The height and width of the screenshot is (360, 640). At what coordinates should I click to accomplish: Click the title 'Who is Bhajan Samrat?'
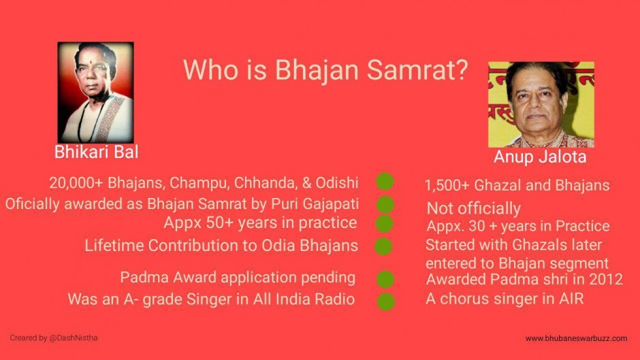pos(325,69)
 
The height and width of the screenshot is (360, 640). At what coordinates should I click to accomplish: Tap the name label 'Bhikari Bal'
pos(96,152)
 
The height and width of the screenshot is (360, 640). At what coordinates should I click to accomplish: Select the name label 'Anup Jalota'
pos(540,157)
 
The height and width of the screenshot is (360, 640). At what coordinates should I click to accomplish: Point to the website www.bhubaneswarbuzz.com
pos(576,338)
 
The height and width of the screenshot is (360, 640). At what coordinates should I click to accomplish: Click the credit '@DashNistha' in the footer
pos(74,338)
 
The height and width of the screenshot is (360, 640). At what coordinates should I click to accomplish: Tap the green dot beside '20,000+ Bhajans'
pos(385,181)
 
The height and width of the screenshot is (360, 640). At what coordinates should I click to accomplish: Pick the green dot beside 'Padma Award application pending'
pos(385,279)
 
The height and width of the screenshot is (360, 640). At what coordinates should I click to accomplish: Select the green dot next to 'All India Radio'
pos(385,301)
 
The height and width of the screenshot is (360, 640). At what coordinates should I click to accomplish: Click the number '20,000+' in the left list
pos(76,183)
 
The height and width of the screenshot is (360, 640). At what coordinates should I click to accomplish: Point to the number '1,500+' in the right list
pos(447,186)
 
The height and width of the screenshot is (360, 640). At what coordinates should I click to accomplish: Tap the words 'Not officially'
pos(473,208)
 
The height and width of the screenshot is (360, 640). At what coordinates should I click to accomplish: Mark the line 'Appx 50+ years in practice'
pos(260,223)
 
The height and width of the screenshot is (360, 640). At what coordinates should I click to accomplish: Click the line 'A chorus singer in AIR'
pos(505,299)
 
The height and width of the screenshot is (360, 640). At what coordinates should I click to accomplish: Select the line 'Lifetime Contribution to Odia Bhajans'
pos(221,246)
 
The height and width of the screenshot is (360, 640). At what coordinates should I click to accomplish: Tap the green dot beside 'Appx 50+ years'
pos(384,224)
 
